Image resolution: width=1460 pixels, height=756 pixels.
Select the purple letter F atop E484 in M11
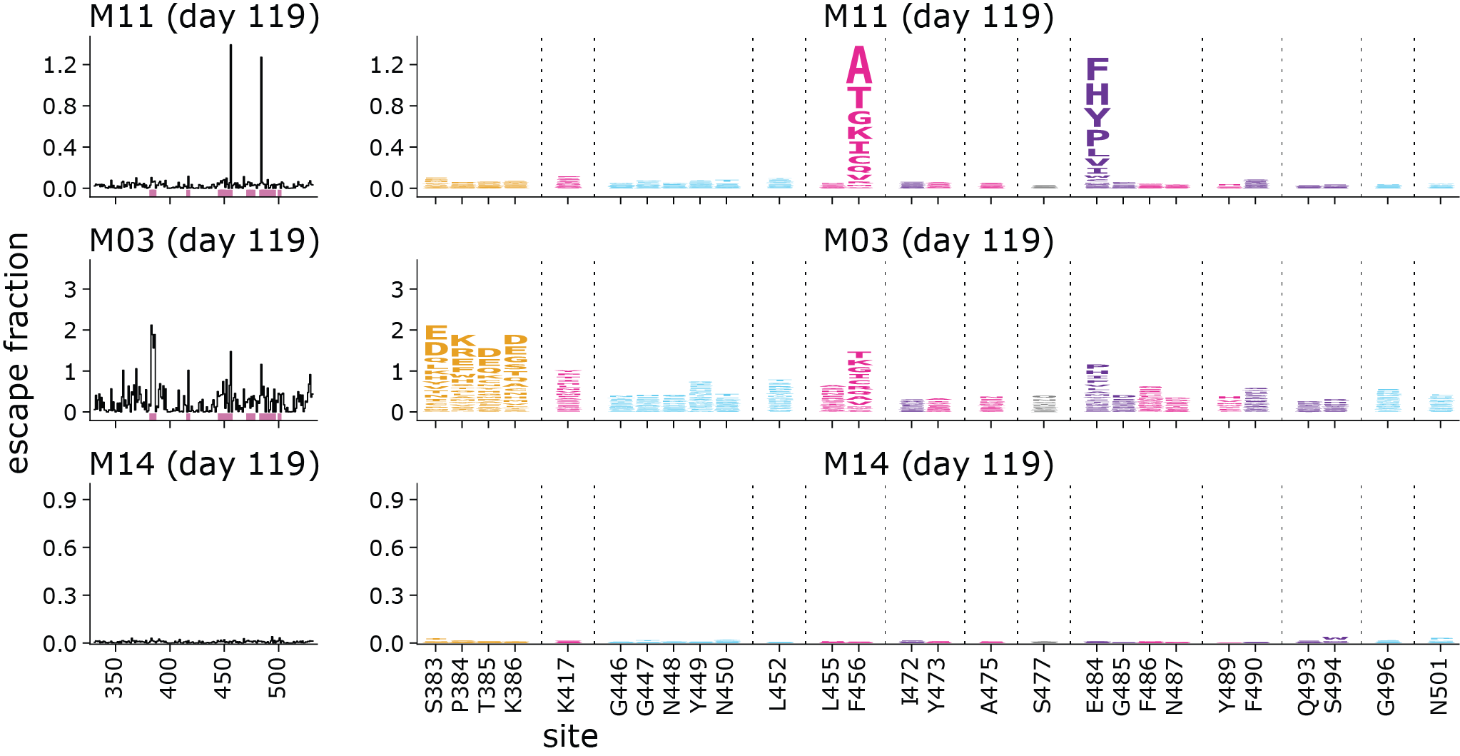pos(1097,69)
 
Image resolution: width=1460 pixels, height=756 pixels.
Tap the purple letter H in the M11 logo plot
pos(1097,94)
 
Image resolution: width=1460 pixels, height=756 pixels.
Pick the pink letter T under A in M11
pos(859,98)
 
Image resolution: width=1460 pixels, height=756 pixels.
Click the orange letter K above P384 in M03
pos(462,340)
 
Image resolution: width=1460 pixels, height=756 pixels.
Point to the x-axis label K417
pos(567,685)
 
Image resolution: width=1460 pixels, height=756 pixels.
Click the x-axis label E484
pos(1096,685)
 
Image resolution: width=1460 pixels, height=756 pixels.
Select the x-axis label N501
pos(1440,685)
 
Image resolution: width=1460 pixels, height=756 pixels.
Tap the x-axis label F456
pos(858,685)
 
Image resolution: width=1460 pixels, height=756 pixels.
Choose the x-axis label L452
pos(779,685)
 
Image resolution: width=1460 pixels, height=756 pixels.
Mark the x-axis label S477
pos(1043,685)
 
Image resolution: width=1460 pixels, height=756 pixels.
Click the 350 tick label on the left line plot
pos(115,678)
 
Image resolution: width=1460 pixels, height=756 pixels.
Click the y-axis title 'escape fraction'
pos(17,353)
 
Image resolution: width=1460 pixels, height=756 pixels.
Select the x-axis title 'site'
pos(570,736)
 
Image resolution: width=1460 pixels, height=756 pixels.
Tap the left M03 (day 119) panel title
pos(204,241)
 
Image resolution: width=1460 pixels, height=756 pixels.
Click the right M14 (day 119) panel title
pos(938,464)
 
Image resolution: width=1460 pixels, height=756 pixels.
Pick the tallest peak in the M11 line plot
pos(230,46)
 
